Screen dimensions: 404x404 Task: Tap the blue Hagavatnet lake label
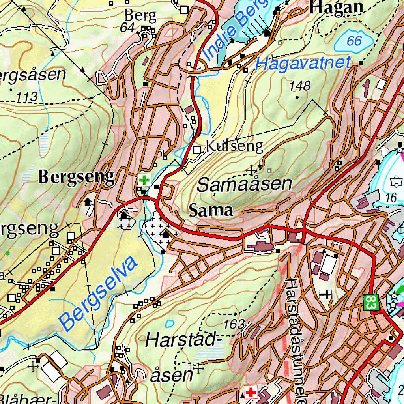(303, 64)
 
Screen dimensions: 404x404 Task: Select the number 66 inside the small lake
(354, 41)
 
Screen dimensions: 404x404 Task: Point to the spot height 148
(300, 86)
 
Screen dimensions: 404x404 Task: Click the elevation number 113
(27, 96)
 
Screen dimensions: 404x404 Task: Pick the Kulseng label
(234, 147)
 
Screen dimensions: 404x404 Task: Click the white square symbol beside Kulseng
(197, 150)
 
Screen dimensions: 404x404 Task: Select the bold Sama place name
(211, 210)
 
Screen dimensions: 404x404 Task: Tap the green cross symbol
(144, 180)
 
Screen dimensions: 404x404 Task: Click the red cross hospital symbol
(251, 392)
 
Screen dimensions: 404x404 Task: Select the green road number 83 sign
(371, 303)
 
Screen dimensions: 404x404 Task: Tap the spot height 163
(234, 325)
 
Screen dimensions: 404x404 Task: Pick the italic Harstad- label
(181, 340)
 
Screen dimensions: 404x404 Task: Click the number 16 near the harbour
(391, 198)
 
